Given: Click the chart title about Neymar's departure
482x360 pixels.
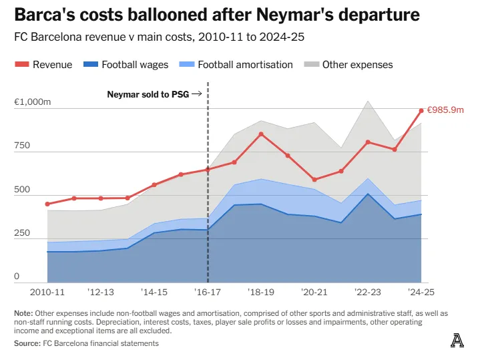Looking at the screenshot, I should point(217,14).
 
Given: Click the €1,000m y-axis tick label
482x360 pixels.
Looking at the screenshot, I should point(32,103).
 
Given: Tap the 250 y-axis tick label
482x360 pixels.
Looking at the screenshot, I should point(23,233).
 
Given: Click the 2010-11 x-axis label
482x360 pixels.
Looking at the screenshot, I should point(47,292).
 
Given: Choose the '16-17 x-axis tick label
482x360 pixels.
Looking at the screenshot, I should point(208,292).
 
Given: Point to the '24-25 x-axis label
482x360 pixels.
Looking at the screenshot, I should point(420,292).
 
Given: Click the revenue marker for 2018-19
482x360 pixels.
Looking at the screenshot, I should point(261,134).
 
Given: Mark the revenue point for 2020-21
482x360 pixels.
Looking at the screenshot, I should point(314,180).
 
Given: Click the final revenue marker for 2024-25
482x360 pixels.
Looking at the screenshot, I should point(421,110).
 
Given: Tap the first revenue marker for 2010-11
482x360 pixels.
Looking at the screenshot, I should point(47,204).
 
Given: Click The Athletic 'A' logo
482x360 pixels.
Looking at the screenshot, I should point(457,341).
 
